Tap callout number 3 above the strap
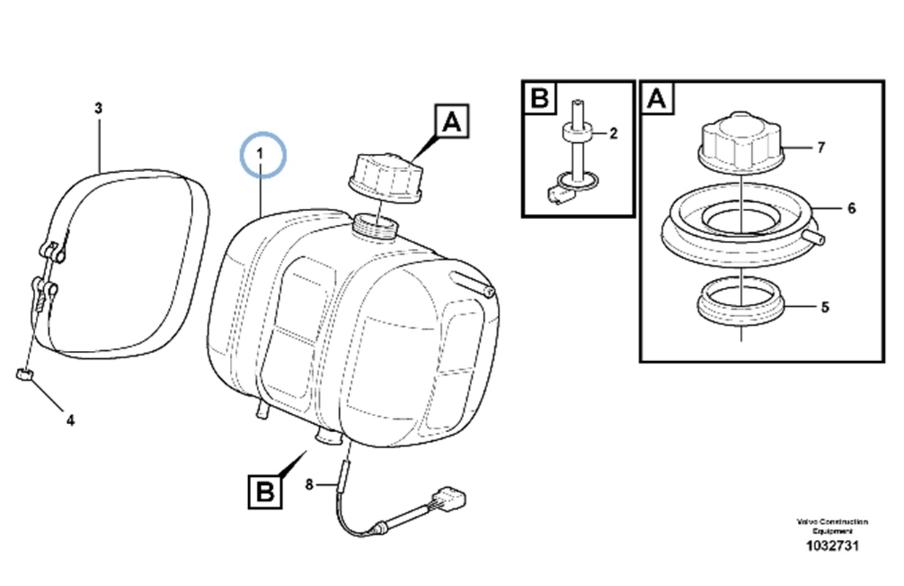point(98,108)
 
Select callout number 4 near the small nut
point(70,420)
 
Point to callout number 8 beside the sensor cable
point(309,484)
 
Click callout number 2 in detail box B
point(613,133)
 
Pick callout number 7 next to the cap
point(821,148)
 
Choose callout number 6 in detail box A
point(851,208)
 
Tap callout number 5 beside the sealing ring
point(825,307)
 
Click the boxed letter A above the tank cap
point(452,122)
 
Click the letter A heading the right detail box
point(657,98)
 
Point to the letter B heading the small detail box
point(539,98)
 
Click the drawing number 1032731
point(832,546)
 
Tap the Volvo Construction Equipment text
point(832,525)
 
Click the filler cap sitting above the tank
point(383,176)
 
